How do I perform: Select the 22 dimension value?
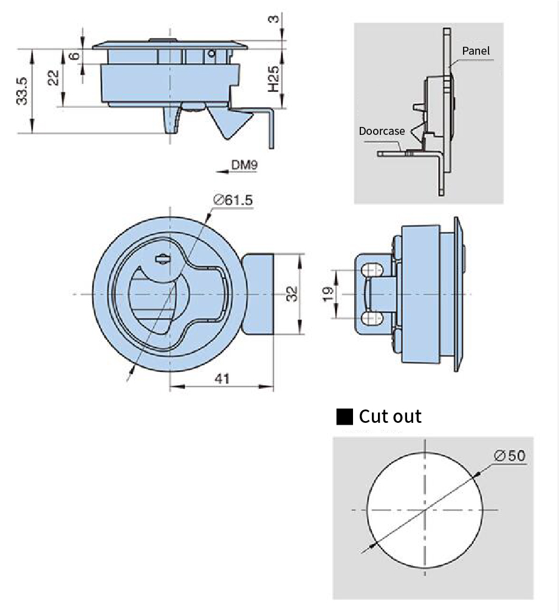coord(53,77)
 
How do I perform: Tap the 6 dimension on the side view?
coord(74,56)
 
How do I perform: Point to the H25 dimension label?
coord(274,79)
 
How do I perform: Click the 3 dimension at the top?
coord(274,19)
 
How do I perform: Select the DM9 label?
coord(244,164)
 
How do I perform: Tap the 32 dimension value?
coord(292,294)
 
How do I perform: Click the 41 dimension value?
coord(222,378)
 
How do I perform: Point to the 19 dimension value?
coord(328,294)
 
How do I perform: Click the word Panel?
coord(475,51)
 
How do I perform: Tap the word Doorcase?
coord(381,131)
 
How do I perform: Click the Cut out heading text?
coord(389,416)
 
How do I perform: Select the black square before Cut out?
coord(345,417)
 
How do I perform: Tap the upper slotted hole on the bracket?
coord(372,269)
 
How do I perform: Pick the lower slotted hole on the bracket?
coord(372,319)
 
